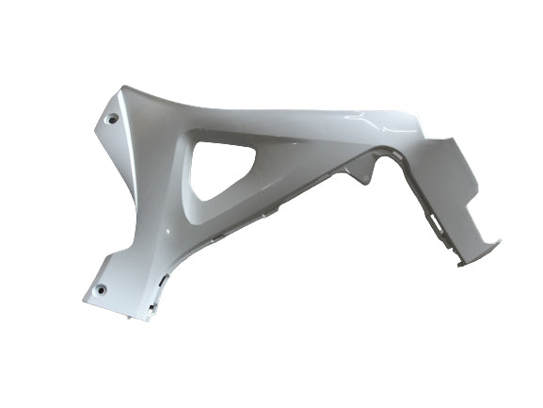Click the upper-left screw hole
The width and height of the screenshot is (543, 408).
coord(113,119)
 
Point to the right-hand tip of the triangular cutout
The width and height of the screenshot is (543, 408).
coord(266,149)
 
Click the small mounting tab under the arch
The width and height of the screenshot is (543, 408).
coord(355,172)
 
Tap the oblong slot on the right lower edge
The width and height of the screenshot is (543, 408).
coord(435,223)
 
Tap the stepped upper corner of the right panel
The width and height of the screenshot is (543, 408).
coord(450,141)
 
